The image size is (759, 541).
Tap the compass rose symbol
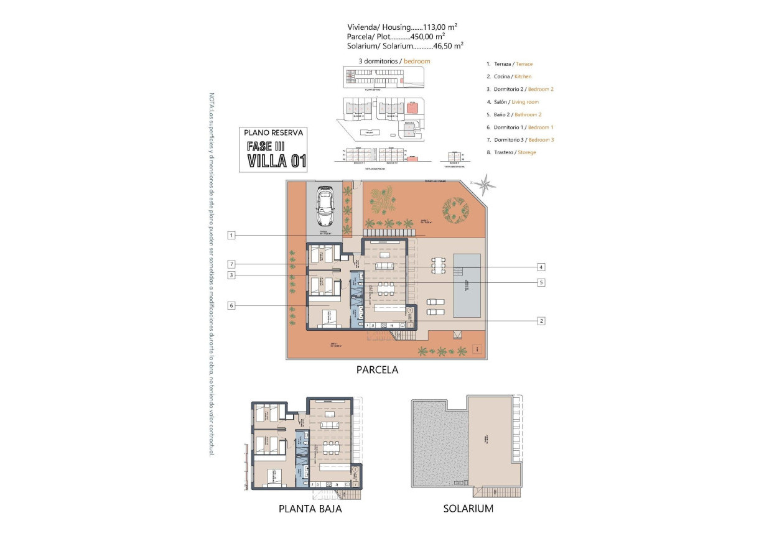click(485, 184)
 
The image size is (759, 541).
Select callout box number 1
click(231, 235)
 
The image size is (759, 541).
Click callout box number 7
click(231, 264)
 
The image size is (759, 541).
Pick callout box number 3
click(231, 275)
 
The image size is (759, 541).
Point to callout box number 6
click(231, 305)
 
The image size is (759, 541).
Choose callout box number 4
click(541, 267)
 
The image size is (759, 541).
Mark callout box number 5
click(541, 282)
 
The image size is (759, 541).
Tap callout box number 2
click(541, 321)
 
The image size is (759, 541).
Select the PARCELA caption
click(377, 369)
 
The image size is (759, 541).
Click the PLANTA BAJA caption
click(310, 509)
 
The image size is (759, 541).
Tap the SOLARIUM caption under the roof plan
click(468, 509)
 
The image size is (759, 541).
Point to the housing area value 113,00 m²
click(440, 27)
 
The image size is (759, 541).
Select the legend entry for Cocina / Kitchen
click(509, 76)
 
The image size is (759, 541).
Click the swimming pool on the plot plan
click(467, 285)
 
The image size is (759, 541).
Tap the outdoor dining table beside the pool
click(440, 266)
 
